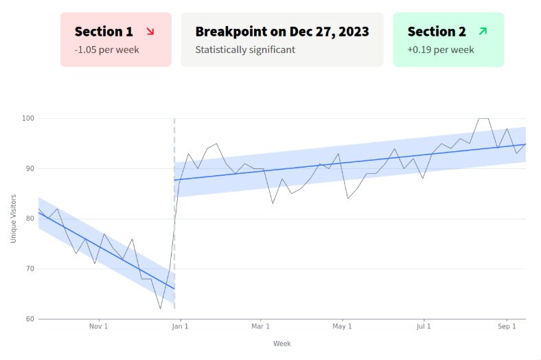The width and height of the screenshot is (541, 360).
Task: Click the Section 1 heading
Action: point(104,32)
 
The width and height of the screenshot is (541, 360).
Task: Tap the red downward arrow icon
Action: point(150,31)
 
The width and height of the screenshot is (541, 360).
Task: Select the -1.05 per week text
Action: point(106,49)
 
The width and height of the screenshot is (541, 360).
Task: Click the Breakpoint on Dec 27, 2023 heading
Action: point(281,32)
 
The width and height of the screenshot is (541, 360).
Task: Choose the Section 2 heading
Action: point(437,32)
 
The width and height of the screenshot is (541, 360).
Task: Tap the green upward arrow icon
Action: point(483,31)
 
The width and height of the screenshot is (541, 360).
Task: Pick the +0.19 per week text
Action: point(440,49)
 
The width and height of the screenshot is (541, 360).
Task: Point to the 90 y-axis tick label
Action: point(29,169)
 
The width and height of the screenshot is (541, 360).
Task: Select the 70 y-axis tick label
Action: point(29,269)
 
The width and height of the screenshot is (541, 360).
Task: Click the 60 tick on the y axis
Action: point(29,319)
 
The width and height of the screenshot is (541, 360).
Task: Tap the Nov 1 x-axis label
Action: point(99,327)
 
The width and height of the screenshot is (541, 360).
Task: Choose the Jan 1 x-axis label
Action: point(180,327)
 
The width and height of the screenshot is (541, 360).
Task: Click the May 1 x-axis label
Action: point(342,327)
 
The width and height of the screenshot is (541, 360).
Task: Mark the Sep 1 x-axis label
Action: point(506,327)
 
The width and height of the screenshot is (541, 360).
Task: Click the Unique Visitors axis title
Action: point(13,218)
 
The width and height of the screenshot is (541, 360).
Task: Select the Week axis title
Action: point(281,344)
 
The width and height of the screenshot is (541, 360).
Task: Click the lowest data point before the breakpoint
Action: point(161,308)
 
